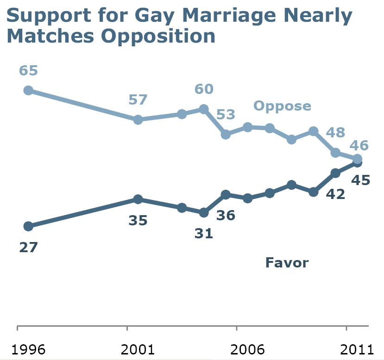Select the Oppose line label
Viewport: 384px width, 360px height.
coord(282,106)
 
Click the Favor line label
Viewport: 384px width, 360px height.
coord(287,263)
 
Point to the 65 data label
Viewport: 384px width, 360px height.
coord(28,71)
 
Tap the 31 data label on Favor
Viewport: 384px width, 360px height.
coord(203,233)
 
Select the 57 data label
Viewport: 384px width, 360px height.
coord(138,99)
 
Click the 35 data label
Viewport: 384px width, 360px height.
coord(138,220)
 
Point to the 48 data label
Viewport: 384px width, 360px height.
coord(335,132)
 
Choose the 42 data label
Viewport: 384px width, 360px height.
coord(335,194)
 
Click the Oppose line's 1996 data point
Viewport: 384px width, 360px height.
coord(28,90)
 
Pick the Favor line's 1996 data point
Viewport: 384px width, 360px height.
coord(28,226)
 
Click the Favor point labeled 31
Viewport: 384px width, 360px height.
coord(203,212)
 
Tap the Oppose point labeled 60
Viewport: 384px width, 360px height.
coord(203,109)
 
